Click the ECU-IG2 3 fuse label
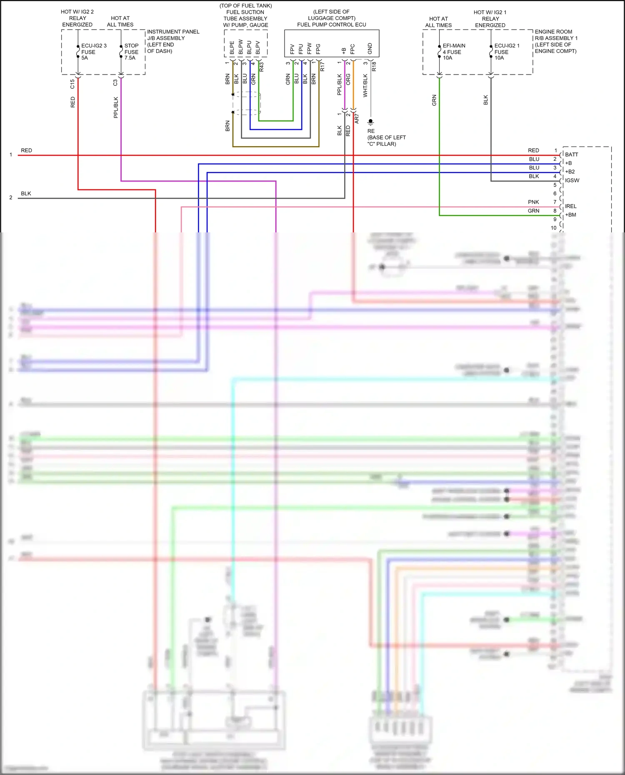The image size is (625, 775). [x=94, y=52]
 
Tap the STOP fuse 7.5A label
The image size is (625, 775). [x=131, y=52]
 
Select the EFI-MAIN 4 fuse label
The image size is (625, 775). [x=454, y=52]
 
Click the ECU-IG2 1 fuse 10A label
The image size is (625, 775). [x=507, y=52]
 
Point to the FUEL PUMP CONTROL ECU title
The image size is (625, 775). [x=332, y=25]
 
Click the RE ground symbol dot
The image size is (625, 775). [x=370, y=121]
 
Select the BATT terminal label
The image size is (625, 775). [x=572, y=155]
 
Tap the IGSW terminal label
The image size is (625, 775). [x=572, y=180]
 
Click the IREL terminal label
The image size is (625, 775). [x=571, y=206]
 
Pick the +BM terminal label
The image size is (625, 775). [x=571, y=215]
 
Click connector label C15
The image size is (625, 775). [x=72, y=84]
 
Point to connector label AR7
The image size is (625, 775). [x=357, y=119]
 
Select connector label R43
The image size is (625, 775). [x=262, y=67]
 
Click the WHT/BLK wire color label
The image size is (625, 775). [x=365, y=85]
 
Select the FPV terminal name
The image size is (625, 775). [x=292, y=49]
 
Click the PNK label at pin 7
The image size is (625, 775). [x=533, y=202]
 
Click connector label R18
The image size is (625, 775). [x=374, y=66]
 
